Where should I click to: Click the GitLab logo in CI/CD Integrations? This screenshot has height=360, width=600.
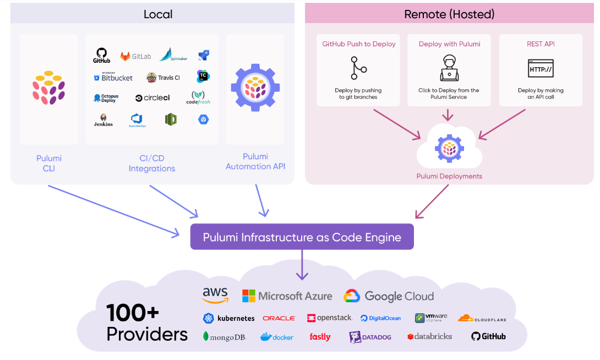(135, 56)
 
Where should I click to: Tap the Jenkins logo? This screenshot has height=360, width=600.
(103, 120)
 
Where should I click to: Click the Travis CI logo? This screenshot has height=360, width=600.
(163, 78)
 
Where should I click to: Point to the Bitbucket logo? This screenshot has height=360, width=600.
(113, 78)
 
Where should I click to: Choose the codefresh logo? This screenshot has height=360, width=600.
(198, 97)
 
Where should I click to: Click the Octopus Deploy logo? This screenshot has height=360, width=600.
(106, 99)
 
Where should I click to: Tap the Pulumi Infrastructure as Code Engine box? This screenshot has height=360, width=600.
(302, 237)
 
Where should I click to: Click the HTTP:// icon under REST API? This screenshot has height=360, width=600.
(541, 69)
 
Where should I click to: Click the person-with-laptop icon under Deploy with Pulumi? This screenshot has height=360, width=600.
(449, 68)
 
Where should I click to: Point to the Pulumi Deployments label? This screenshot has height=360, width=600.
(449, 176)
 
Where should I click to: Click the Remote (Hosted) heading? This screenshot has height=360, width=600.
(449, 14)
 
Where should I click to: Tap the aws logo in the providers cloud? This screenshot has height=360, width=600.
(215, 295)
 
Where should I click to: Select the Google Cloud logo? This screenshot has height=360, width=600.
(389, 296)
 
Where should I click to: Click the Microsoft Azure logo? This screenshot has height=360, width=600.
(287, 296)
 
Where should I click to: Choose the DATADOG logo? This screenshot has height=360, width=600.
(370, 337)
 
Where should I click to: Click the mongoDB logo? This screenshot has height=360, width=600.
(224, 336)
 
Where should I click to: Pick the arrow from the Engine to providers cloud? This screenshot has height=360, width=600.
(302, 265)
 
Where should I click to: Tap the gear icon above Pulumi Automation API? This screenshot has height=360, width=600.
(255, 88)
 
